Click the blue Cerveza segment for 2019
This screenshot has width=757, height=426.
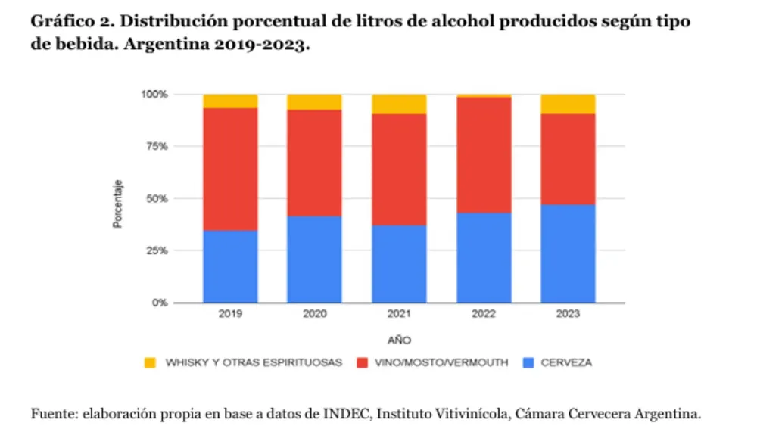(x=230, y=266)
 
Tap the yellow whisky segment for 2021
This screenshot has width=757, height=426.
(x=399, y=104)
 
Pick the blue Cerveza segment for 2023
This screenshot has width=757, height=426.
(x=569, y=253)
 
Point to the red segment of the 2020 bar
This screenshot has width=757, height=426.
(x=314, y=163)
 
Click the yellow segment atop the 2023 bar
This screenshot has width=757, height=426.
(x=569, y=104)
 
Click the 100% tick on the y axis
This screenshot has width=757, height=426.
(x=154, y=95)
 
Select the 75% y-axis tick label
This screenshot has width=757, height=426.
(x=156, y=147)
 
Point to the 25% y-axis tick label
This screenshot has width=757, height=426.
(x=156, y=250)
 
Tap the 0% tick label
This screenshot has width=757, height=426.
(x=159, y=303)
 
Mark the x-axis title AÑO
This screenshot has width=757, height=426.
(x=399, y=340)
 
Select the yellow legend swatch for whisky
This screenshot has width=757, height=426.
(x=150, y=363)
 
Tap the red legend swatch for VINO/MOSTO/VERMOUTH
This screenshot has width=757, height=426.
(x=360, y=363)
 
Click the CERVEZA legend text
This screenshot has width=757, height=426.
(x=565, y=363)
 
